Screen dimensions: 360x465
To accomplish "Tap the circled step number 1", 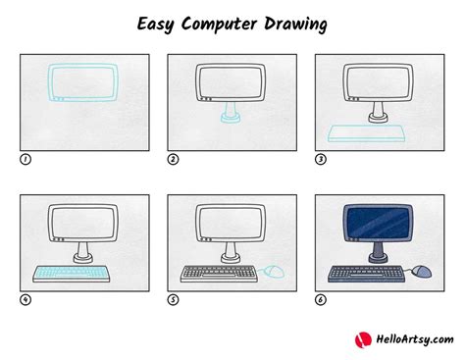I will [x=25, y=157].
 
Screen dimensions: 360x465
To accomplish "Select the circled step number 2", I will [x=173, y=157].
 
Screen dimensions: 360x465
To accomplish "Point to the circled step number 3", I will [x=320, y=157].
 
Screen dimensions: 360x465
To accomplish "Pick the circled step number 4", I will [x=25, y=299].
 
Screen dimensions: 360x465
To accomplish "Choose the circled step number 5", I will [x=173, y=299].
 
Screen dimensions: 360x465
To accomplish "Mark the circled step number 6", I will [x=320, y=299].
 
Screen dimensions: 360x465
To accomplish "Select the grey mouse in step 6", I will [x=423, y=269].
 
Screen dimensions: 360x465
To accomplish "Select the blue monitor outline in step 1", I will [x=83, y=82].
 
